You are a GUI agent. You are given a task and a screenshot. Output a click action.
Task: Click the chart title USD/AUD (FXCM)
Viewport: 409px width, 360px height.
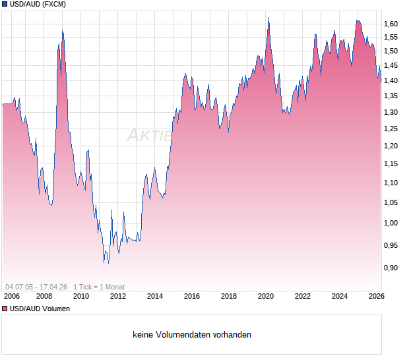click(x=38, y=4)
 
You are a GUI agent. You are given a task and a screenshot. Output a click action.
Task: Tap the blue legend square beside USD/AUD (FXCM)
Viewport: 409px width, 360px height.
click(x=5, y=4)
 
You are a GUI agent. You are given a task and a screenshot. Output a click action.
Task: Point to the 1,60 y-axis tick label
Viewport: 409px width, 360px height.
click(x=391, y=24)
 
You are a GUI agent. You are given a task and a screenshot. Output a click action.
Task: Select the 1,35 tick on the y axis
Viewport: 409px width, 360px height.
click(x=391, y=96)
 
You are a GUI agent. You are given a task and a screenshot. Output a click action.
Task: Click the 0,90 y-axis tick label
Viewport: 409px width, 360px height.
click(x=391, y=268)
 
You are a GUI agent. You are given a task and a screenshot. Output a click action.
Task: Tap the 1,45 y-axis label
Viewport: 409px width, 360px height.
click(x=391, y=65)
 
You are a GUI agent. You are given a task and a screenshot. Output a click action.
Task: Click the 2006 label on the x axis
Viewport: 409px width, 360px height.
click(x=11, y=297)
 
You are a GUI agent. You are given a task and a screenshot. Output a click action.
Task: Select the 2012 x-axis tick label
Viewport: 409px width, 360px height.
click(x=118, y=297)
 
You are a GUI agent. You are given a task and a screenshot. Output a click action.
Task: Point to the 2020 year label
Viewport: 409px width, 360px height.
click(x=266, y=297)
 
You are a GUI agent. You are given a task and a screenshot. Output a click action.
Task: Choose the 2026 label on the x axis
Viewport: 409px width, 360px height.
click(x=376, y=297)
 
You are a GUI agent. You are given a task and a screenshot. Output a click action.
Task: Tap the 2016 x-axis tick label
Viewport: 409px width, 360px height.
click(x=192, y=297)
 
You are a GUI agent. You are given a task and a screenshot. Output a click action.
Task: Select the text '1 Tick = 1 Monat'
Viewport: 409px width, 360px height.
click(x=99, y=287)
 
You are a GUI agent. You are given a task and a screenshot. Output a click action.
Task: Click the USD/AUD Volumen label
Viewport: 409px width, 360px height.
click(x=40, y=308)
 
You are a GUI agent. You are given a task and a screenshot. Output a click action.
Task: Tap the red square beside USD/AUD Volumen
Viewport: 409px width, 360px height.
click(x=5, y=308)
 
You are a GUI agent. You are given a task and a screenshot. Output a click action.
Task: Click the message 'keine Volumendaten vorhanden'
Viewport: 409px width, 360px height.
click(x=192, y=335)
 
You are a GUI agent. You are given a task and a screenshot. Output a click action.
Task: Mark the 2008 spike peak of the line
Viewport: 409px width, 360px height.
click(x=62, y=31)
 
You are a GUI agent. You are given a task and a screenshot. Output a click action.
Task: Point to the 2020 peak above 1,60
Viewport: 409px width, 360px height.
click(x=268, y=18)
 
